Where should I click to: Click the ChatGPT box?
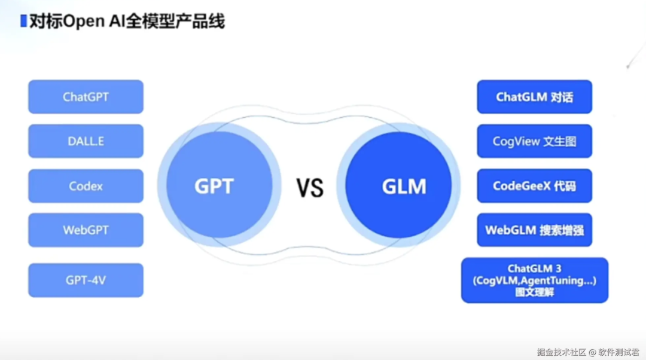[86, 96]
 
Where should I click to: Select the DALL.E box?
[86, 141]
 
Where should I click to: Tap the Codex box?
[86, 186]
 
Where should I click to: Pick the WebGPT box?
[86, 230]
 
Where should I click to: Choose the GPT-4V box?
[86, 280]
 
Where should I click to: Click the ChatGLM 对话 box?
[534, 97]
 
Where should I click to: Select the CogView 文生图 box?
[534, 142]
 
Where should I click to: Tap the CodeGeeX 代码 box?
[534, 186]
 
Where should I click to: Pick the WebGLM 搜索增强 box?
[534, 230]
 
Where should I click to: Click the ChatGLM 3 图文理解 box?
[534, 280]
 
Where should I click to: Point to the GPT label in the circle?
[214, 186]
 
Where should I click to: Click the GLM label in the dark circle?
[404, 186]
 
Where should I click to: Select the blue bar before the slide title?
[23, 22]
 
